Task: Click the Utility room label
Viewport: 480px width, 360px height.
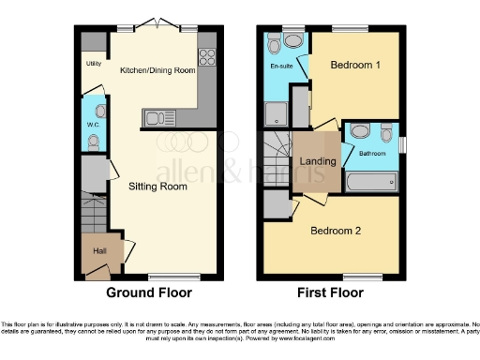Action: [x=93, y=64]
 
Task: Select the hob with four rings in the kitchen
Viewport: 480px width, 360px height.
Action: [x=207, y=55]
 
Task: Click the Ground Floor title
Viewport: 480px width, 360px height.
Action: [x=150, y=292]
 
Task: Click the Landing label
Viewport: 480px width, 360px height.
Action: [x=318, y=161]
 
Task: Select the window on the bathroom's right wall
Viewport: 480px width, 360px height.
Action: [x=402, y=144]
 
